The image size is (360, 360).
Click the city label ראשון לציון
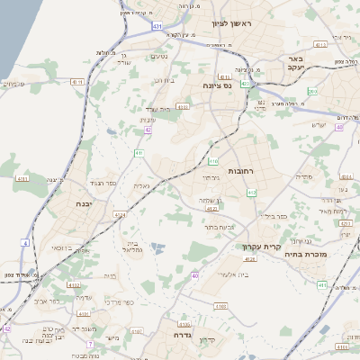(x=232, y=23)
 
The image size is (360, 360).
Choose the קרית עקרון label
(x=261, y=247)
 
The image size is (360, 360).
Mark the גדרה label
(x=184, y=335)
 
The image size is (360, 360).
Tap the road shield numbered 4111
(x=76, y=82)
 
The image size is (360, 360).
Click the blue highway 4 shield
(x=26, y=243)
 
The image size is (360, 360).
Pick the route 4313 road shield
(x=183, y=106)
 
